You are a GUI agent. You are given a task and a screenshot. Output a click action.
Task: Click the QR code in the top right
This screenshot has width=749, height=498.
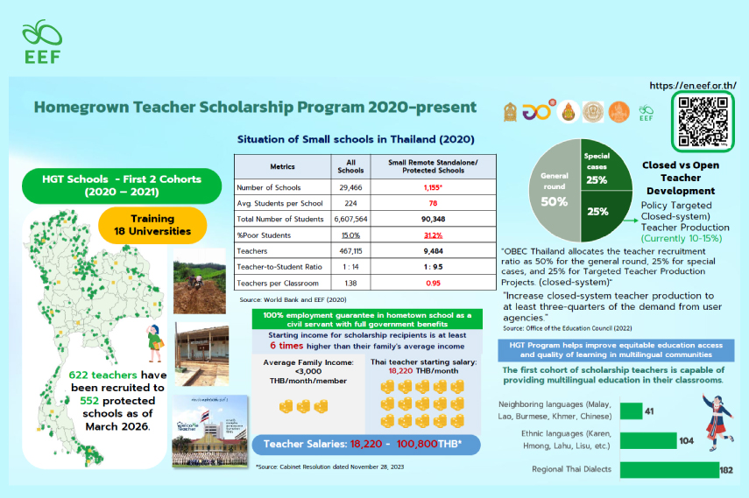[703, 122]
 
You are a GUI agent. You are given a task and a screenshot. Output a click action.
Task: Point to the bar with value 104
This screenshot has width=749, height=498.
[647, 440]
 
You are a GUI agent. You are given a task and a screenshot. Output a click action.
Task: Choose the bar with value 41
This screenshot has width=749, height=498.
[630, 410]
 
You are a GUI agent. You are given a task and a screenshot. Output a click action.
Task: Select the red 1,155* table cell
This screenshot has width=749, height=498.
[432, 187]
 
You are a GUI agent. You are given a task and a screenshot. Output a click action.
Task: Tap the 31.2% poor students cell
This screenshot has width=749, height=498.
[432, 235]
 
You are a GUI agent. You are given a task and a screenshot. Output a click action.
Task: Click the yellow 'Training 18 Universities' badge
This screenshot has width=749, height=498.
[152, 225]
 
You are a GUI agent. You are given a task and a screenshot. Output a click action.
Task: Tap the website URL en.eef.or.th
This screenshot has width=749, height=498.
[693, 86]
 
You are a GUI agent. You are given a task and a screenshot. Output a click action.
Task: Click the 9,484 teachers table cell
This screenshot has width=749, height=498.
[432, 251]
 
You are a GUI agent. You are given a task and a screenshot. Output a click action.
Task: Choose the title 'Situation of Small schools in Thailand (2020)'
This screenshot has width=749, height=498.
[356, 139]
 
